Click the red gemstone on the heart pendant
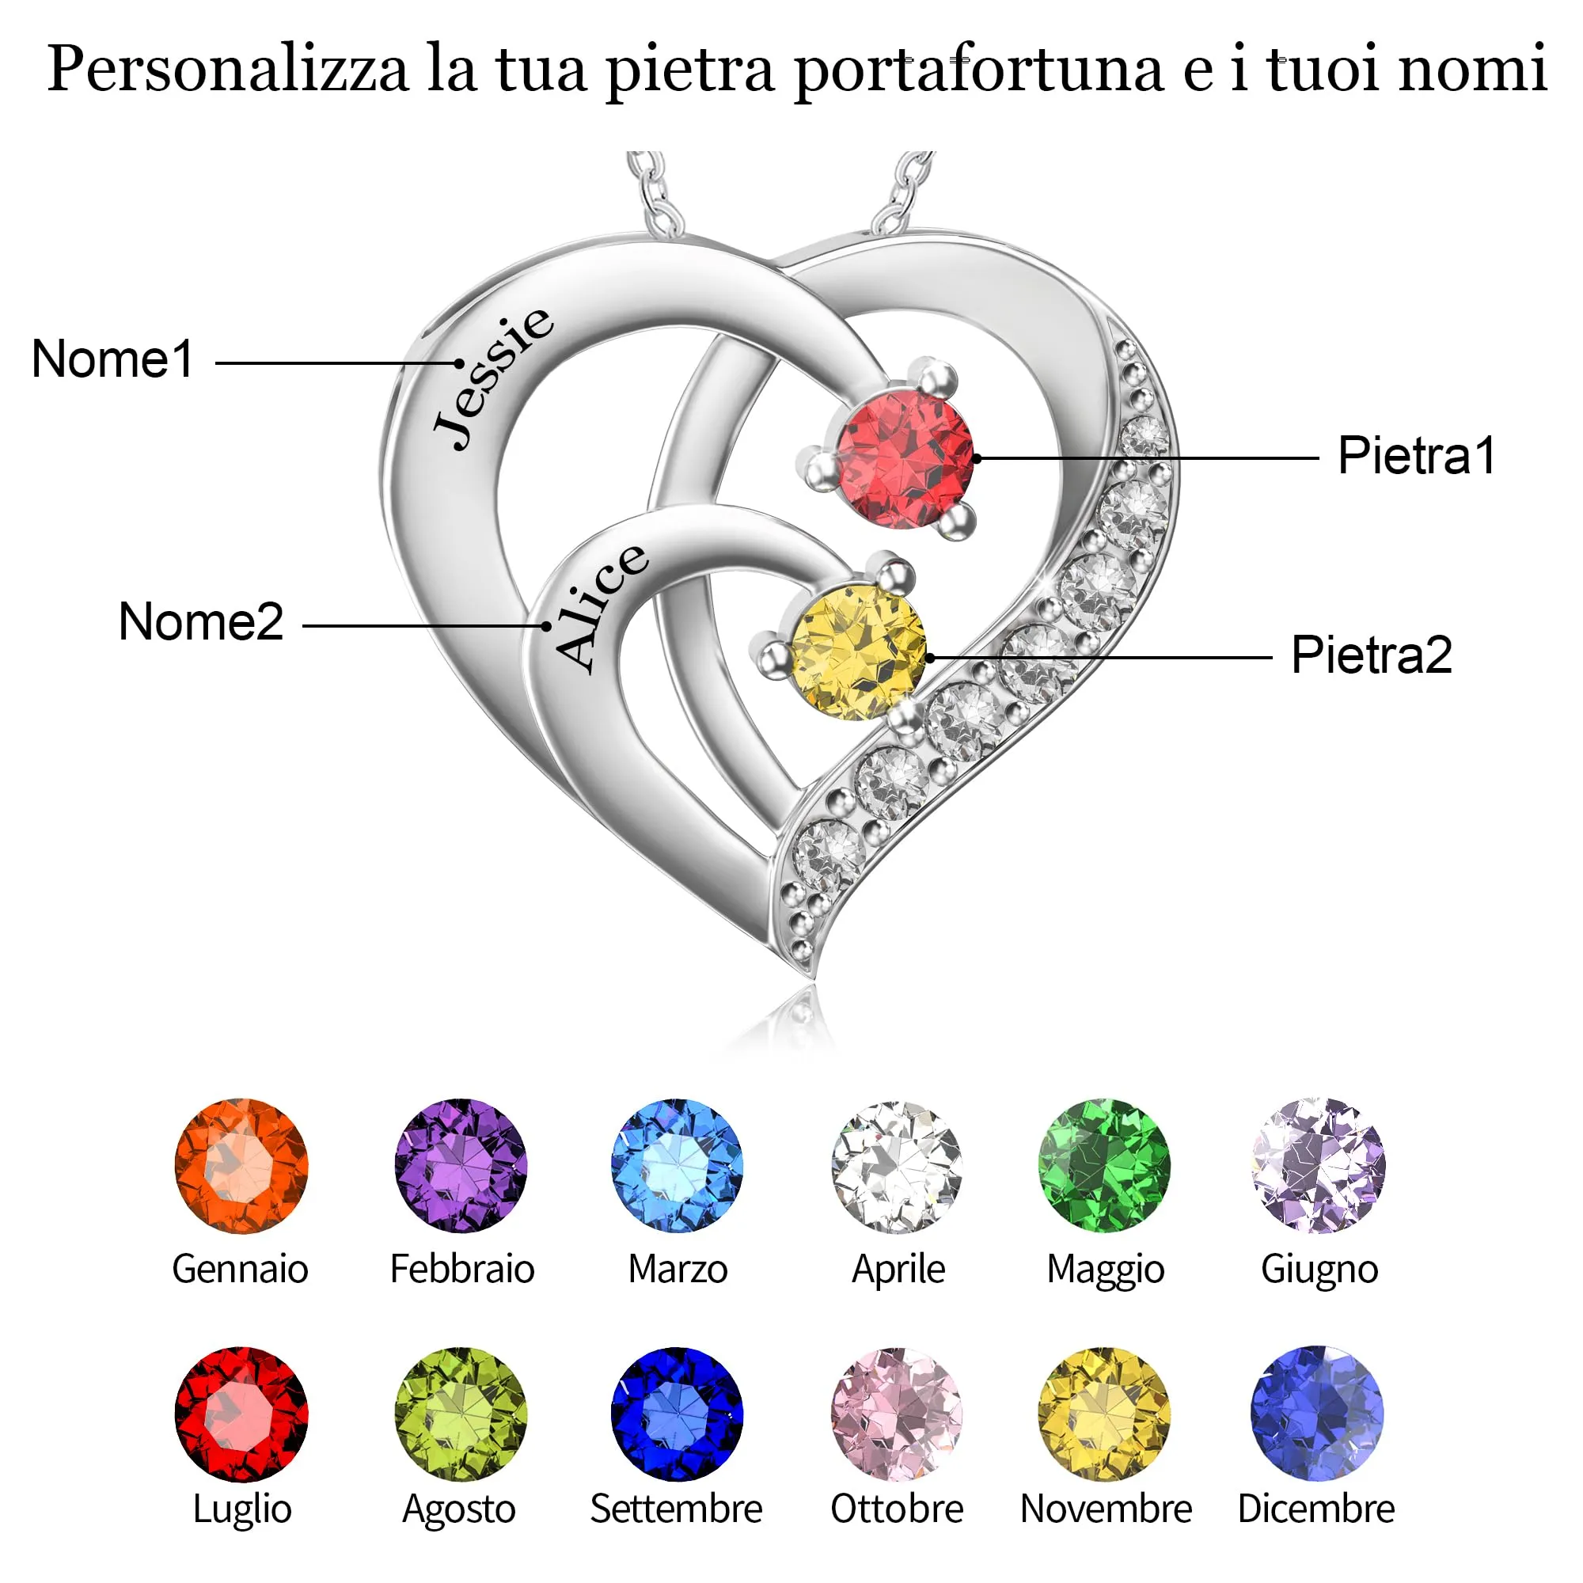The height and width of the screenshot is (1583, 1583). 905,460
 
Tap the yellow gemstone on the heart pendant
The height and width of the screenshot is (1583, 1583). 858,653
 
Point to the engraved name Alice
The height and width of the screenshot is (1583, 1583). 601,608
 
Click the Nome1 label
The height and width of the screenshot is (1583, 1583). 112,359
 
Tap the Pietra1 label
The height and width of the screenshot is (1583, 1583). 1417,455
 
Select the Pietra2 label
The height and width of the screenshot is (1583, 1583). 1372,655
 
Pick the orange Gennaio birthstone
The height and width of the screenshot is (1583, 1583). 241,1166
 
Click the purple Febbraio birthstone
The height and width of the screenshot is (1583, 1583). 461,1166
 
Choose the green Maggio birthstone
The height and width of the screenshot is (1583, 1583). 1104,1166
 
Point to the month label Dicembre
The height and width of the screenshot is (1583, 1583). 1316,1509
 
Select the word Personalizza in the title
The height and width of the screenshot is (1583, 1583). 228,70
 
